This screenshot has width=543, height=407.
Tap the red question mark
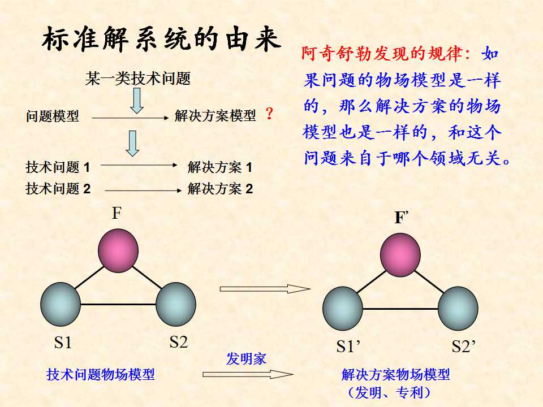click(269, 115)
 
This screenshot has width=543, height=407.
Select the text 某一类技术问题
click(137, 79)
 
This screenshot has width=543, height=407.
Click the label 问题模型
click(52, 117)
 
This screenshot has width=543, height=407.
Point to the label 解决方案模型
click(215, 116)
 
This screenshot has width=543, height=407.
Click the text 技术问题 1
click(58, 167)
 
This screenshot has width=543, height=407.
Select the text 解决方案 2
click(220, 189)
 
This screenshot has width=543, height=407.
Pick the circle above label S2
click(175, 304)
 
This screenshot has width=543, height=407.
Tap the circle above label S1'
click(343, 309)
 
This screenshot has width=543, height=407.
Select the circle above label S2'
click(457, 309)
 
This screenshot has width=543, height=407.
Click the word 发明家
click(246, 359)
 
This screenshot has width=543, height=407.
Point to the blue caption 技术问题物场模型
click(101, 374)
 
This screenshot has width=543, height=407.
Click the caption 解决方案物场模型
click(396, 374)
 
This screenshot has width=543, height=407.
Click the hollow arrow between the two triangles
click(265, 289)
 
